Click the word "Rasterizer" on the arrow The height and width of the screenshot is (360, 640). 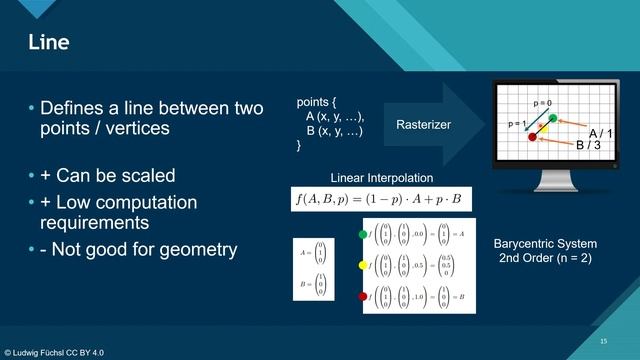pos(423,125)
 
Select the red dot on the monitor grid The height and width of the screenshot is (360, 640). pos(532,138)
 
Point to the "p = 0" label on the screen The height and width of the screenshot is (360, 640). pos(542,103)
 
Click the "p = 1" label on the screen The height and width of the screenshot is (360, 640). pos(517,124)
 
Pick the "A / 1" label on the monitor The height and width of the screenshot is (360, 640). pos(600,133)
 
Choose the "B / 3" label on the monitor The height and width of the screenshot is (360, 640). pos(588,145)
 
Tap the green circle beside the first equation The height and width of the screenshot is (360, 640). pos(362,235)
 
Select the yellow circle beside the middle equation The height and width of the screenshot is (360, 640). pos(362,265)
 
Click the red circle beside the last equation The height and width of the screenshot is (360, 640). pos(362,296)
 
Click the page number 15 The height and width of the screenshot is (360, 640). pos(603,341)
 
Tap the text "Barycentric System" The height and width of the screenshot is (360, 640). pos(545,244)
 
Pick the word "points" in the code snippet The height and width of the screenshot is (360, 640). pos(316,103)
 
